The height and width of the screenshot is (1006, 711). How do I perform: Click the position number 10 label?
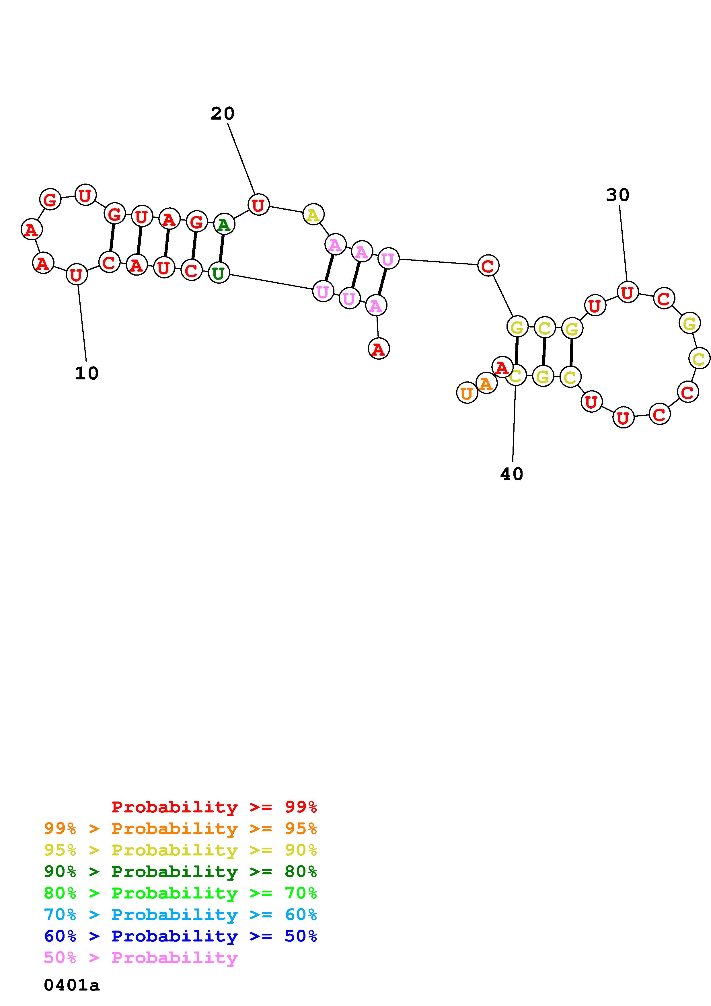87,373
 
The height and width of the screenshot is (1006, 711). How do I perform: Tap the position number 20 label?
223,114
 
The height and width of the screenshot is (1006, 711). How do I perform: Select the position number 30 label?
618,195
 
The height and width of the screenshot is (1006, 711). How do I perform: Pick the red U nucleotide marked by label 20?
258,205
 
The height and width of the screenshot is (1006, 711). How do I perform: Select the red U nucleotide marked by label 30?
627,292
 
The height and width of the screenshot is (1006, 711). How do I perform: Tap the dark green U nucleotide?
219,273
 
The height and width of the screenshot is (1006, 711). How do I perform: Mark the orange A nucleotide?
486,383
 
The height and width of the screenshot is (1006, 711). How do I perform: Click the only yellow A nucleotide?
313,215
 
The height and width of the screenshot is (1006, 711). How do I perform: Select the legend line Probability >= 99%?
214,807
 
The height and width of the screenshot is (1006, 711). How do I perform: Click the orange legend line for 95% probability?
180,828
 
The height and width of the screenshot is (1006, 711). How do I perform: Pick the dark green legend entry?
180,872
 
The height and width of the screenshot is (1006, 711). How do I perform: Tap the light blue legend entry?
180,915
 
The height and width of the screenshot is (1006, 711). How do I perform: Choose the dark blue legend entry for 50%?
180,936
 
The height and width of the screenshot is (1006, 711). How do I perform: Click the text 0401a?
72,985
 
